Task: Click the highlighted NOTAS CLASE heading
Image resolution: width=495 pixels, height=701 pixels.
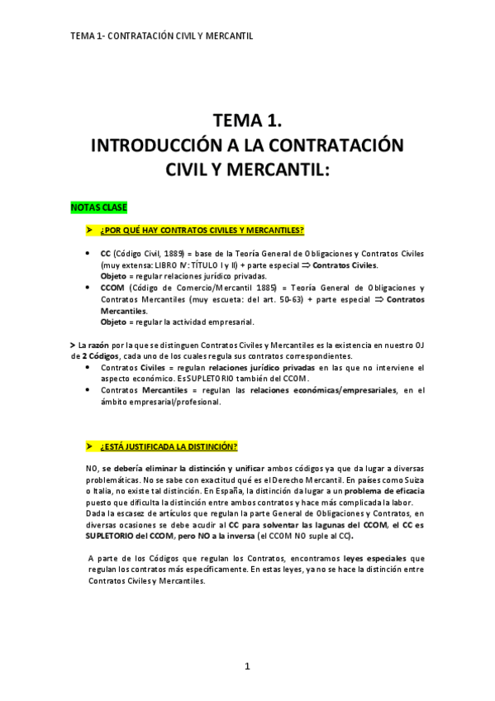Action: tap(99, 206)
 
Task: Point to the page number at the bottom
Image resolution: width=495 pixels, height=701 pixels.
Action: tap(246, 666)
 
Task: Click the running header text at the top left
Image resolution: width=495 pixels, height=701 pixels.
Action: tap(162, 36)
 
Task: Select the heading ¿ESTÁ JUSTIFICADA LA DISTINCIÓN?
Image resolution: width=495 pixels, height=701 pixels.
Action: tap(169, 446)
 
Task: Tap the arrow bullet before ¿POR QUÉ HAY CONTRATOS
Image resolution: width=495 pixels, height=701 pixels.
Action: tap(90, 229)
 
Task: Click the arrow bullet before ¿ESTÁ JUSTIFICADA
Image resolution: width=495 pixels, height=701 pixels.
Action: tap(90, 446)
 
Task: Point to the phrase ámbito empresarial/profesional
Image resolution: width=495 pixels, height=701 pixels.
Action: tap(160, 401)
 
